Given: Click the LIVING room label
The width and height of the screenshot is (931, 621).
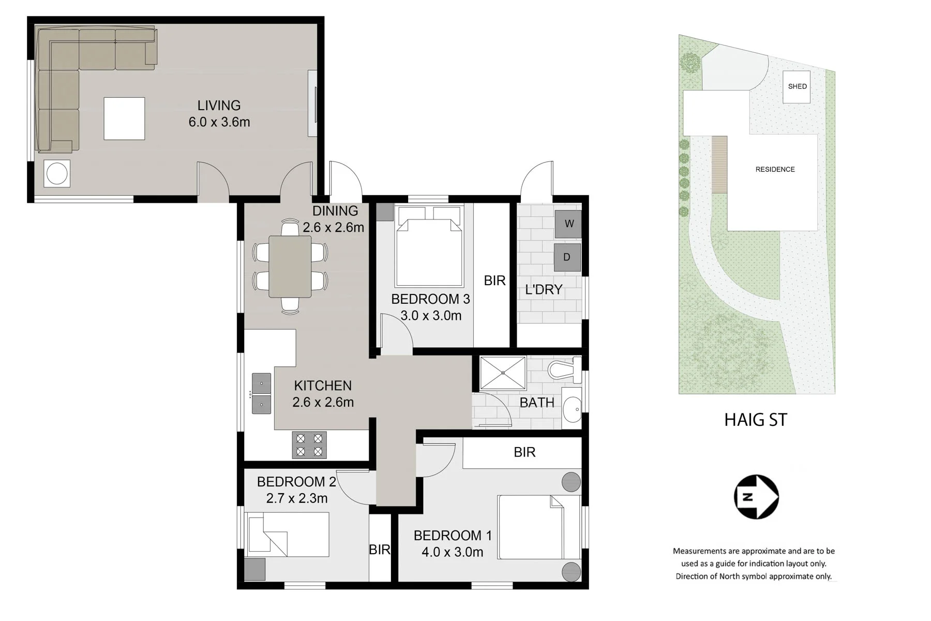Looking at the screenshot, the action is pyautogui.click(x=219, y=106).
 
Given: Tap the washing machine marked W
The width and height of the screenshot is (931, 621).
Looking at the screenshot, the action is pyautogui.click(x=568, y=224).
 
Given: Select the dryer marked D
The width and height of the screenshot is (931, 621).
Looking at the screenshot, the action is pyautogui.click(x=567, y=257).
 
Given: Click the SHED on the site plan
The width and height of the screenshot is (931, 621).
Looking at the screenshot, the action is pyautogui.click(x=797, y=86).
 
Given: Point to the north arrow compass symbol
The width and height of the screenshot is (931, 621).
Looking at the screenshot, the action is pyautogui.click(x=756, y=497).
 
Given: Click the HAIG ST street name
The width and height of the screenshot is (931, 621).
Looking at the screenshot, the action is pyautogui.click(x=756, y=420).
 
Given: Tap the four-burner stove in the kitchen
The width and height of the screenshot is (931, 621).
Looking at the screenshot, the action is pyautogui.click(x=309, y=445).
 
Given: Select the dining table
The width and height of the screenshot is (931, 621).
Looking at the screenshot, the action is pyautogui.click(x=290, y=267).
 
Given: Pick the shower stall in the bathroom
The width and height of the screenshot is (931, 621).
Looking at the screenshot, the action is pyautogui.click(x=503, y=373).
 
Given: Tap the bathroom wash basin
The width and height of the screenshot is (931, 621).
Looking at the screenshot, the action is pyautogui.click(x=572, y=410).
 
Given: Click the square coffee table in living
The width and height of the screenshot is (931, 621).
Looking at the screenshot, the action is pyautogui.click(x=124, y=119).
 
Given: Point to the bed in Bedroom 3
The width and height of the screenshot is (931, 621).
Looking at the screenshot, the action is pyautogui.click(x=429, y=246).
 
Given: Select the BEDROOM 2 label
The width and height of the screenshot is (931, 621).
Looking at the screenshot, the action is pyautogui.click(x=296, y=482).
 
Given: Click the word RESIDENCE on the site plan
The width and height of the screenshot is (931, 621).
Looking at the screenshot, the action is pyautogui.click(x=775, y=169).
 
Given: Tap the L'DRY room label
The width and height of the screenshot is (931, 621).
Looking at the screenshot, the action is pyautogui.click(x=544, y=290).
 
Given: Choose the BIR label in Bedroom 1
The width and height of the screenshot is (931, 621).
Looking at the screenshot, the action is pyautogui.click(x=524, y=452).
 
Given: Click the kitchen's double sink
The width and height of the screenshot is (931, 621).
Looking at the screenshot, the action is pyautogui.click(x=261, y=393).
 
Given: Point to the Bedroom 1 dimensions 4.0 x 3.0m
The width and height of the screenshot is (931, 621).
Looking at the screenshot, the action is pyautogui.click(x=452, y=552).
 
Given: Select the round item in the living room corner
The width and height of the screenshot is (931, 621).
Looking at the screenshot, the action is pyautogui.click(x=57, y=173).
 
